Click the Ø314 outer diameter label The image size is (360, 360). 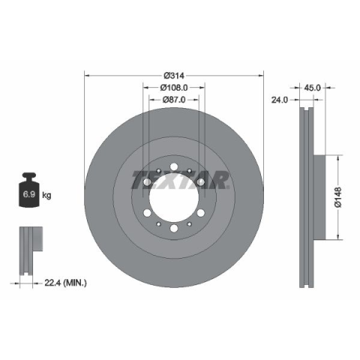[174, 75]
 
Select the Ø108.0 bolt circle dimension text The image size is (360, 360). [174, 88]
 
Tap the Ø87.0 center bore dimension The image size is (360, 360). [174, 100]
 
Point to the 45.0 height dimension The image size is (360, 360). [312, 88]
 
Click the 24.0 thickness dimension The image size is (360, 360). [280, 100]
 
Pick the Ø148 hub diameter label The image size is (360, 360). [338, 197]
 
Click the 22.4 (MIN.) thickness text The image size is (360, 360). [65, 283]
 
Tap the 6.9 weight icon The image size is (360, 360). [29, 190]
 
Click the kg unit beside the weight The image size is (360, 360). [46, 195]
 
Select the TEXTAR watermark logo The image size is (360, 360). [180, 180]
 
